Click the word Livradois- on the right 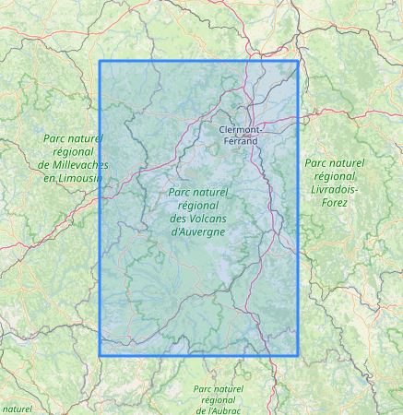point(335,186)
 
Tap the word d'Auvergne point(198,231)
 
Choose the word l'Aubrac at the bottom point(220,411)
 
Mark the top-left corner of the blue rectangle point(100,62)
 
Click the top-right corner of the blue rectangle point(299,62)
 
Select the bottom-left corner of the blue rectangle point(100,355)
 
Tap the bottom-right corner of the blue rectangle point(299,355)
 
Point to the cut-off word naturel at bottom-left point(16,407)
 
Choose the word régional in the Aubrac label point(219,399)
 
